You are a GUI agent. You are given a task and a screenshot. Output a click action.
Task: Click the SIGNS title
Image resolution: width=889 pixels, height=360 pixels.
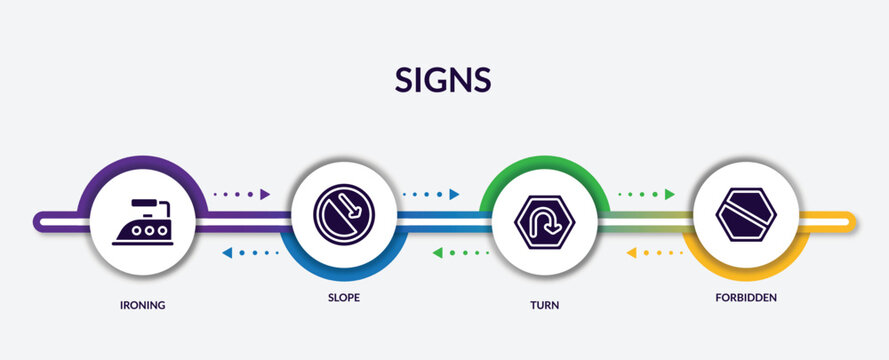tap(444, 79)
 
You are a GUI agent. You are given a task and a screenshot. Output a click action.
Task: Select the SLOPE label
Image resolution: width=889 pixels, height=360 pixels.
tap(342, 298)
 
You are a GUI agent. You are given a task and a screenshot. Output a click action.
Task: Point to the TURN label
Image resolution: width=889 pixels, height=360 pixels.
tap(545, 304)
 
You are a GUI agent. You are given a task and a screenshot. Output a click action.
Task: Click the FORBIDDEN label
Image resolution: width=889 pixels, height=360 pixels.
tap(745, 298)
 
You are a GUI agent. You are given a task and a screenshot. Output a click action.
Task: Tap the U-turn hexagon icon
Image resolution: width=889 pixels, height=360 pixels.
tap(545, 220)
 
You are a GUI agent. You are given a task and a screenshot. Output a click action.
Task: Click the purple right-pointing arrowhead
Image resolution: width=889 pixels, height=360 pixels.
tap(265, 194)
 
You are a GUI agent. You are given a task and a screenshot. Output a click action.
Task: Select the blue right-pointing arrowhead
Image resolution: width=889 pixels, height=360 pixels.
tap(455, 194)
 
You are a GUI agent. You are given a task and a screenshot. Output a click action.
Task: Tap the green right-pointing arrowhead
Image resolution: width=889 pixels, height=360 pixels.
tap(670, 194)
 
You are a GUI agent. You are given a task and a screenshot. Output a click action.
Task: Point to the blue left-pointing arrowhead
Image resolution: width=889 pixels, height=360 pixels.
tap(228, 253)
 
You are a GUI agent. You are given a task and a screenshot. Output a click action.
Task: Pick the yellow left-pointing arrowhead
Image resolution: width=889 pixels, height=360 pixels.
tap(632, 253)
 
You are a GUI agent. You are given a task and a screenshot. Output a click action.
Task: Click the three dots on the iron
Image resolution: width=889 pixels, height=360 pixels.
tap(142, 230)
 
